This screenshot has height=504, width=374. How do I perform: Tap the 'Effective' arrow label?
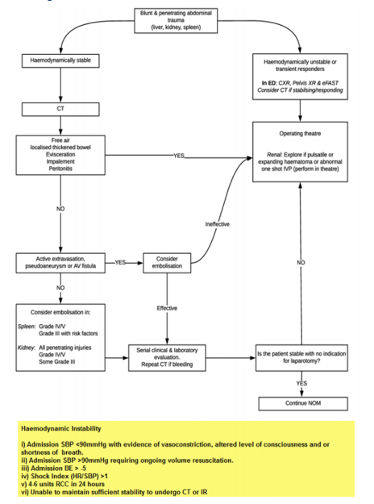coord(167,308)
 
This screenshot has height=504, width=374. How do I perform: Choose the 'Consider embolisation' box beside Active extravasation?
coord(167,262)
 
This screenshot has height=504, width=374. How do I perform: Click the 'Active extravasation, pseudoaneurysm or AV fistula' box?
coord(60,262)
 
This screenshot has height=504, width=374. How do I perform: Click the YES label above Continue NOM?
coord(301,383)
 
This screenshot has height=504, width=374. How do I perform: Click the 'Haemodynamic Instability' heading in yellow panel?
coord(59,431)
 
